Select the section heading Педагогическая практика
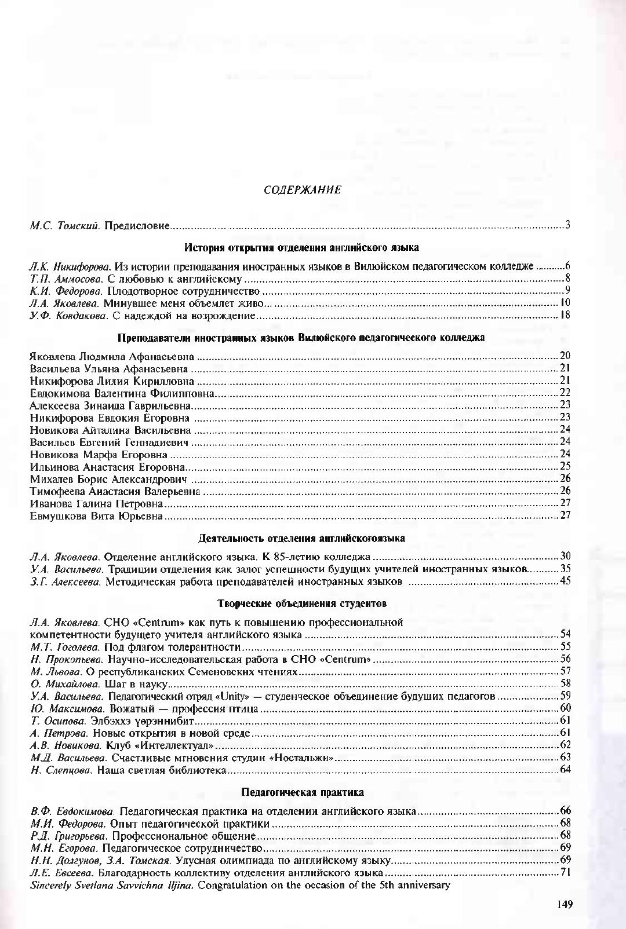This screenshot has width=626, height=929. coord(302,792)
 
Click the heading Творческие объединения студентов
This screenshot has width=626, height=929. coord(302,603)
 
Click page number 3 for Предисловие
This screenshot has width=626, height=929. coord(568,225)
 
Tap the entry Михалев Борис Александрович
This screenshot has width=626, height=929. coord(110,479)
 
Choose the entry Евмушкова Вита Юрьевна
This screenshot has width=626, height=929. coord(96,515)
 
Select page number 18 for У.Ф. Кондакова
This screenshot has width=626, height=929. coord(565,315)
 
